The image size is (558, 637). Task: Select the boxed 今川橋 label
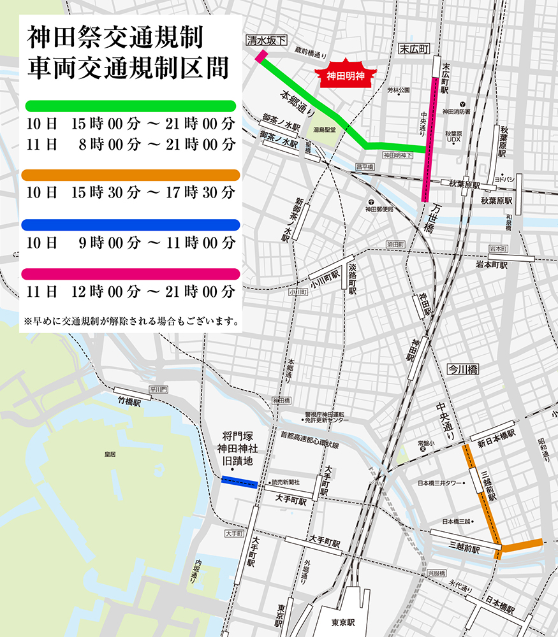point(462,369)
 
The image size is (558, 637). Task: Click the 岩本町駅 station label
point(491,264)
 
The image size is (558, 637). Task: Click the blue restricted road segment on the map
point(239,482)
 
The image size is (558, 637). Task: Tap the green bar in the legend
point(130,106)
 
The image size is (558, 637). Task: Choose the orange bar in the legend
point(130,175)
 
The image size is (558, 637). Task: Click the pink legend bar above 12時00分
point(130,274)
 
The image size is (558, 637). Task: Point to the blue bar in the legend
point(130,224)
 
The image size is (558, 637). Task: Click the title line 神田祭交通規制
point(115,38)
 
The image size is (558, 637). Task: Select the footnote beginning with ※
point(131,320)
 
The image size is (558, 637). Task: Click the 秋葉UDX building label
point(453,136)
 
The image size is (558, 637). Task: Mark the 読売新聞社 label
point(285,482)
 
